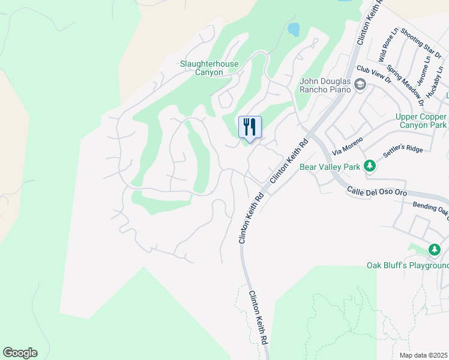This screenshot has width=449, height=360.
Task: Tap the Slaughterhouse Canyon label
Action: pos(209,68)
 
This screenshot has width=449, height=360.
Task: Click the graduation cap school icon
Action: pos(360,85)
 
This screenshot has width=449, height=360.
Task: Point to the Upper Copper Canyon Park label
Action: pos(421,121)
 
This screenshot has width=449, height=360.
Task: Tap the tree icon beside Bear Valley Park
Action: pos(370,166)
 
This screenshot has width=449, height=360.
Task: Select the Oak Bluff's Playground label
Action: pos(408,265)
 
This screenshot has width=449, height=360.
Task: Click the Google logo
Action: pos(20,353)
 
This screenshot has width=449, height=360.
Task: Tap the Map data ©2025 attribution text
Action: pos(423,355)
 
